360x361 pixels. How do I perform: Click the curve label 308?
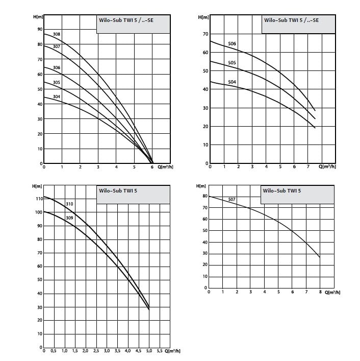coord(57,34)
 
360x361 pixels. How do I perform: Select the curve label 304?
coord(57,97)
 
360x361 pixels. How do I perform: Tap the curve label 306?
coord(57,68)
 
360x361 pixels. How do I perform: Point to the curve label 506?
coord(232,44)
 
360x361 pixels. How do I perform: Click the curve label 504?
coord(232,82)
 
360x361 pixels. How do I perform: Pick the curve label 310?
coord(69,204)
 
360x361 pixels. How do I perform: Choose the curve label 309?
coord(69,218)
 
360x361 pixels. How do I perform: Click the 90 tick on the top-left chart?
coord(39,29)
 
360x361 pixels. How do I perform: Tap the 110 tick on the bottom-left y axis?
coord(38,198)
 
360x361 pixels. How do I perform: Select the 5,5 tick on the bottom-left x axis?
coord(159,351)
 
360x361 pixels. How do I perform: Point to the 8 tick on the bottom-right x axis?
coord(320,292)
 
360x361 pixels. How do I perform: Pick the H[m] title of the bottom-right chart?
coord(200,187)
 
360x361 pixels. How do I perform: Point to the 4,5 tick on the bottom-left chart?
coord(138,351)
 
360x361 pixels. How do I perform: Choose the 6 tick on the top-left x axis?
coord(152,167)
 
